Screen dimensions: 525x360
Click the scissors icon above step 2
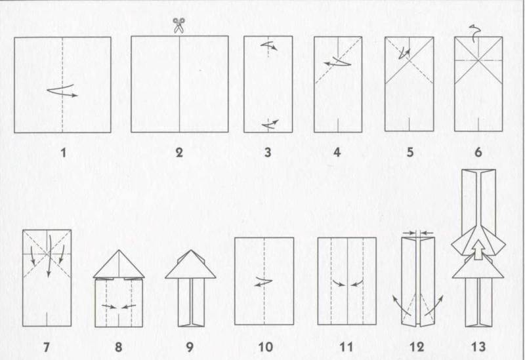178,26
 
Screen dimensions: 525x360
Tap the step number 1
63,153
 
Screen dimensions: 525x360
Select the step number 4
337,153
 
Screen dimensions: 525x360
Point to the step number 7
47,347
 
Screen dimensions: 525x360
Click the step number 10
266,347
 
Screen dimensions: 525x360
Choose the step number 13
478,347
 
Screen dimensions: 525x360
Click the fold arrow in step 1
62,90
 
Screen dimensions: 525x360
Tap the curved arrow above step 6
473,33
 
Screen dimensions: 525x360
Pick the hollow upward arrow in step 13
479,250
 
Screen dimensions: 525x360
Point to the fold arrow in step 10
264,283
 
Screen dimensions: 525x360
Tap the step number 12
417,347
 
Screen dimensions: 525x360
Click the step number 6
478,153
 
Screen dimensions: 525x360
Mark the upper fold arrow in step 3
269,45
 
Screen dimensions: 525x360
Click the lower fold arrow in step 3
270,124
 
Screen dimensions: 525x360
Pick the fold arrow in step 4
337,62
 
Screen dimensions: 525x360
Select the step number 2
179,153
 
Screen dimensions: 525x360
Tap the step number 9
190,347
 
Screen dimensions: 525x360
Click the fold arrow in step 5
404,53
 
